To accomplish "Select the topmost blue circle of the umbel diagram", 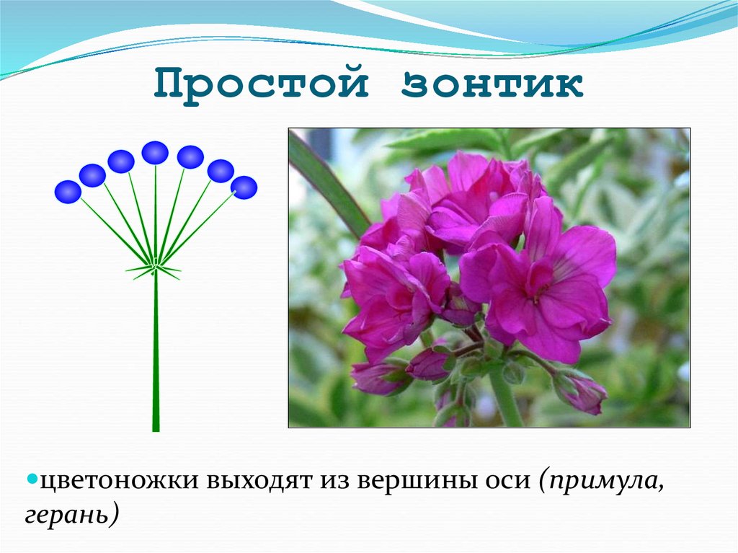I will tap(155, 152).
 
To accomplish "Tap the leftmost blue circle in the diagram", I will tap(68, 191).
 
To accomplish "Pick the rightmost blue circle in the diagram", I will tap(244, 187).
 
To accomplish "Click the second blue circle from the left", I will tap(92, 175).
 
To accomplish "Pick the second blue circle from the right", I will tap(221, 171).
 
